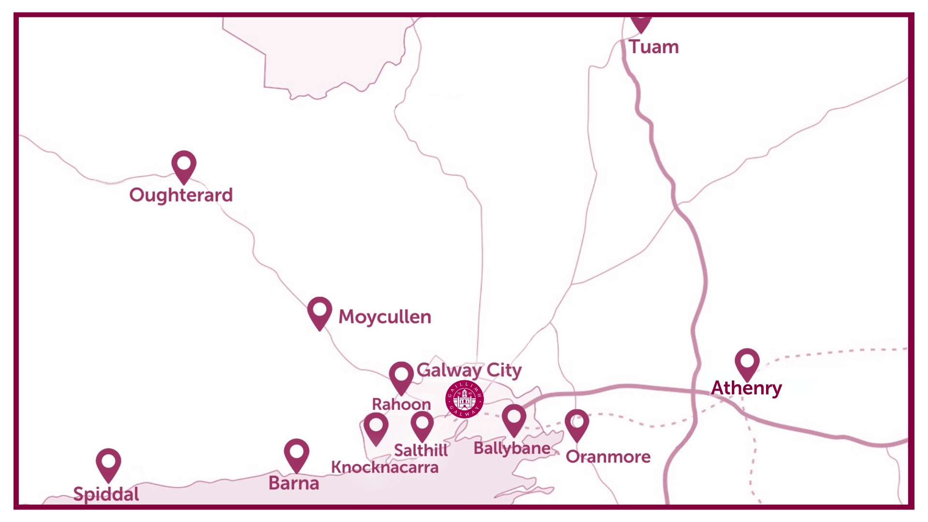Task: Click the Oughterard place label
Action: tap(181, 195)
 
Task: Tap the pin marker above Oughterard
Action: tap(184, 165)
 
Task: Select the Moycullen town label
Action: tap(385, 317)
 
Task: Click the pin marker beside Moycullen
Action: tap(319, 312)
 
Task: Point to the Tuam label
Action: tap(653, 47)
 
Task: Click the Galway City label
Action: tap(469, 370)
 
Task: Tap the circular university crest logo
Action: tap(464, 399)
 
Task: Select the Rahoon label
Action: tap(401, 404)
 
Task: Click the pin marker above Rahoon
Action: tap(401, 377)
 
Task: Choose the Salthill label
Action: tap(420, 450)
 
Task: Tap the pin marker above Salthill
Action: tap(422, 425)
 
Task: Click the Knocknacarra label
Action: tap(385, 467)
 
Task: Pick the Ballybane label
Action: tap(512, 449)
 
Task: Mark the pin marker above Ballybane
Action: tap(514, 419)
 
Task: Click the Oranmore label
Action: tap(608, 457)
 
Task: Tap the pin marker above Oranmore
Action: tap(577, 424)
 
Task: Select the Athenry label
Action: tap(746, 388)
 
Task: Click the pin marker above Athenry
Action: tap(747, 363)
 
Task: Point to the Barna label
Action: tap(294, 483)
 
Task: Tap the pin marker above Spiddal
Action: tap(108, 464)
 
